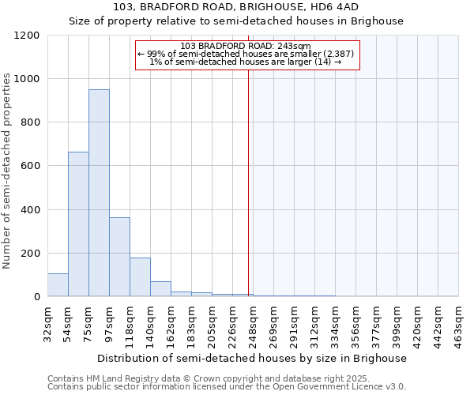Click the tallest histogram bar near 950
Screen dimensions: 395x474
[x=99, y=193]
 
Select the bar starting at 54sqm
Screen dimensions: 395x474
[x=78, y=224]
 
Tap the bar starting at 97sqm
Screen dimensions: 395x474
[x=119, y=257]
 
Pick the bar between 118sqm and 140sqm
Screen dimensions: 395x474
[x=140, y=276]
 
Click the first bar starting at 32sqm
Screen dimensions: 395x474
[x=58, y=285]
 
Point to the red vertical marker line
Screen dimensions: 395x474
[x=249, y=174]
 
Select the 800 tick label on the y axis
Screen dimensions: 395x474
[x=29, y=122]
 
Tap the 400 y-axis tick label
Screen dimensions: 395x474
[x=29, y=210]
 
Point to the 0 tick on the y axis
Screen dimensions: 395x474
[x=36, y=297]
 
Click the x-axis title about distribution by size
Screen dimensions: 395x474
[x=253, y=358]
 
